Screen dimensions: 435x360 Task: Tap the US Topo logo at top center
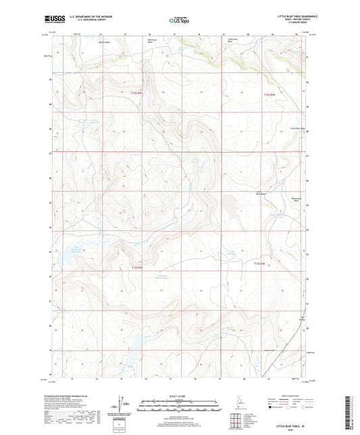click(x=179, y=20)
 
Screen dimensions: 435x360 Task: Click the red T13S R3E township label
click(x=137, y=267)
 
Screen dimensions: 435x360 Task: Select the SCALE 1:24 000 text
click(x=180, y=395)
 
